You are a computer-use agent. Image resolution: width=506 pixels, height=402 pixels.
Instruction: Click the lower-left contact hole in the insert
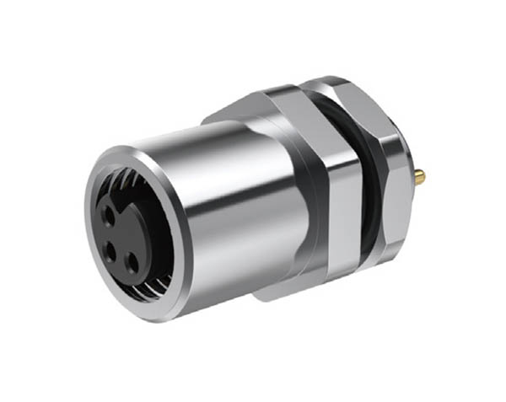109,249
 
